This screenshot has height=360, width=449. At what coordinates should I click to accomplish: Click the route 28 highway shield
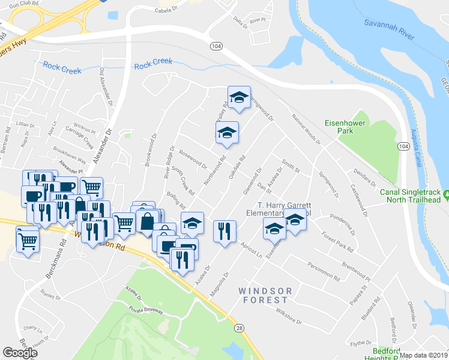240,327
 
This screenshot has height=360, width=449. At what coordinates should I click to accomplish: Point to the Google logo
20,353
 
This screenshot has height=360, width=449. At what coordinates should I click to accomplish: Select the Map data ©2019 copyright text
423,355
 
